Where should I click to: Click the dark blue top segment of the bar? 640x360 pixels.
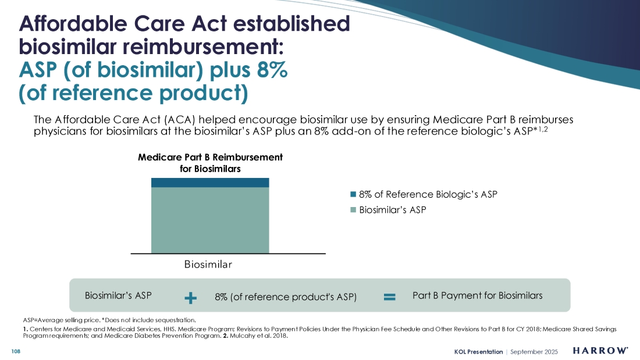pos(210,183)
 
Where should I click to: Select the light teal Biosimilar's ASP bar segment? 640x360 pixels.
pos(210,220)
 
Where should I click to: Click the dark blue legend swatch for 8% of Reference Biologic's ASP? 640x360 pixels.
pos(353,194)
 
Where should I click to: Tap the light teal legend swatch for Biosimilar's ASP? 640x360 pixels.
pos(353,210)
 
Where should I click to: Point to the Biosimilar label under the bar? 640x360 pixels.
pos(208,265)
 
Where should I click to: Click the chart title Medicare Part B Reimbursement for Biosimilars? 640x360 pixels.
pos(210,163)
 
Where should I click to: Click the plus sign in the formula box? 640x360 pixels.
pos(190,298)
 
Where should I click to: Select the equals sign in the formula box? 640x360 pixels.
pos(390,297)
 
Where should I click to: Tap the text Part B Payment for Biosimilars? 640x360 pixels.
pos(477,295)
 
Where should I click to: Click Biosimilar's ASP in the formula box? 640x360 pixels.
pos(118,295)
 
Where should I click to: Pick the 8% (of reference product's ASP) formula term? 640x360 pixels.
pos(285,297)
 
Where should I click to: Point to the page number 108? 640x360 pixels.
pos(16,351)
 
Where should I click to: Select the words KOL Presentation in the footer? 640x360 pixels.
pos(479,351)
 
